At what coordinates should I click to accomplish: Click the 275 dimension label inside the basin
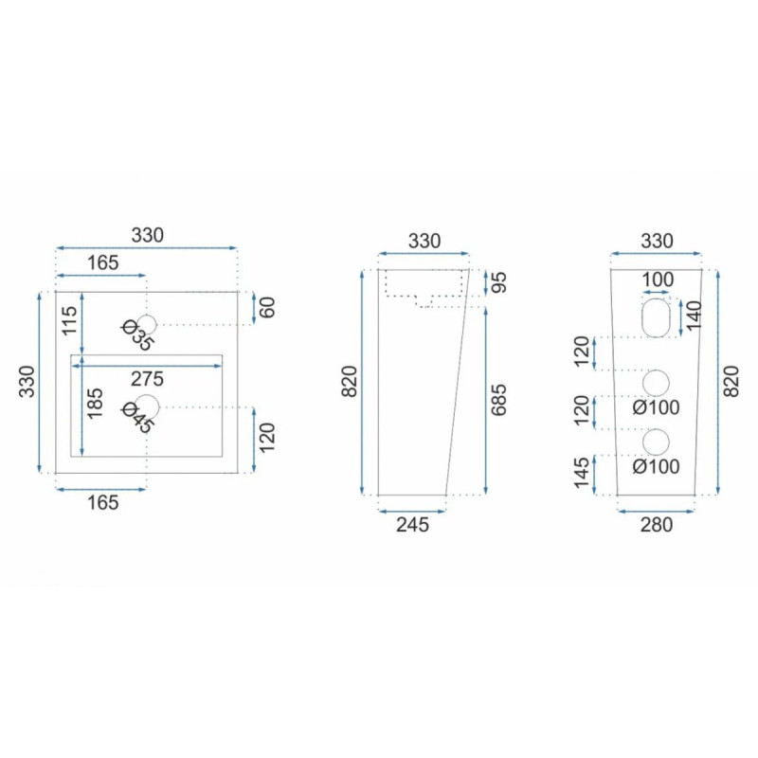147,379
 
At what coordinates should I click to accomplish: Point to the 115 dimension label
69,320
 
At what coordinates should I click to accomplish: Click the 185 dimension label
95,404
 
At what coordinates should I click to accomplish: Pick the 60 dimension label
267,307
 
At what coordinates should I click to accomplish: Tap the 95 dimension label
498,282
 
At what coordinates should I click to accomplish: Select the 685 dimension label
498,400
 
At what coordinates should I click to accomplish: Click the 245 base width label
412,525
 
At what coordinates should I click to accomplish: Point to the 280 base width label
657,525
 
